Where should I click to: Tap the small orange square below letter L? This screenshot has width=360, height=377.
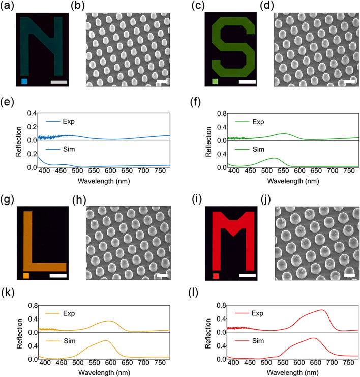26,276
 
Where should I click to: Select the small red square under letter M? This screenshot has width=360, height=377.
216,276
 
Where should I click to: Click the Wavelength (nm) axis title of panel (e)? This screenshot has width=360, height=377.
104,180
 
